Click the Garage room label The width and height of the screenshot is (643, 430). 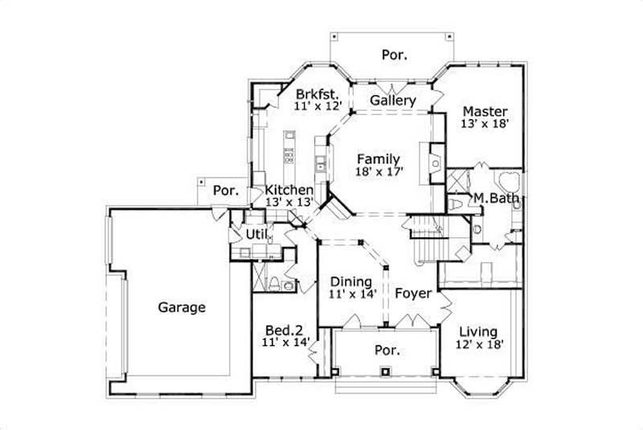point(182,307)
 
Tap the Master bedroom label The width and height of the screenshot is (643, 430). point(485,111)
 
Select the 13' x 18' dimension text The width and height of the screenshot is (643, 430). point(485,125)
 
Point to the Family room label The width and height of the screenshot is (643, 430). point(379,158)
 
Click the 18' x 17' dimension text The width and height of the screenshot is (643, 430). point(379,171)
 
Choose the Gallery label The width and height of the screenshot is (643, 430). point(393,100)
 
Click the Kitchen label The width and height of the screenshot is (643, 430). point(289,190)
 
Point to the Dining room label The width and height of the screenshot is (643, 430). point(350,282)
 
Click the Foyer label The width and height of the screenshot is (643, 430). point(413,293)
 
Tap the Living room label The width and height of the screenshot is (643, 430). point(477,332)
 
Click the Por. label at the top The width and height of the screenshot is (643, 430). point(394,55)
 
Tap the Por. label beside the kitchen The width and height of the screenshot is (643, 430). point(227,191)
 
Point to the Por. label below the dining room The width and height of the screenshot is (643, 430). point(387,351)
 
